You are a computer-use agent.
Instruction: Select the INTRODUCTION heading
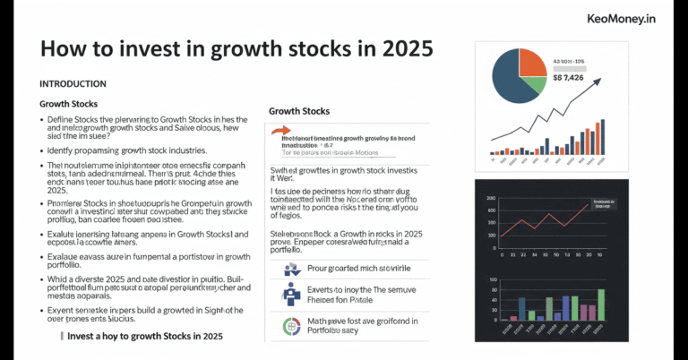73,84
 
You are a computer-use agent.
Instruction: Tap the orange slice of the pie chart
532,61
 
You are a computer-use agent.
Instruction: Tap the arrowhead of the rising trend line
598,81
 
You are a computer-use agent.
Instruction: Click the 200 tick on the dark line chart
490,198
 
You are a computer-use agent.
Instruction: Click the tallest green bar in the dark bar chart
601,304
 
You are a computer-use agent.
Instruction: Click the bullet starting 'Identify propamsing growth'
123,150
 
